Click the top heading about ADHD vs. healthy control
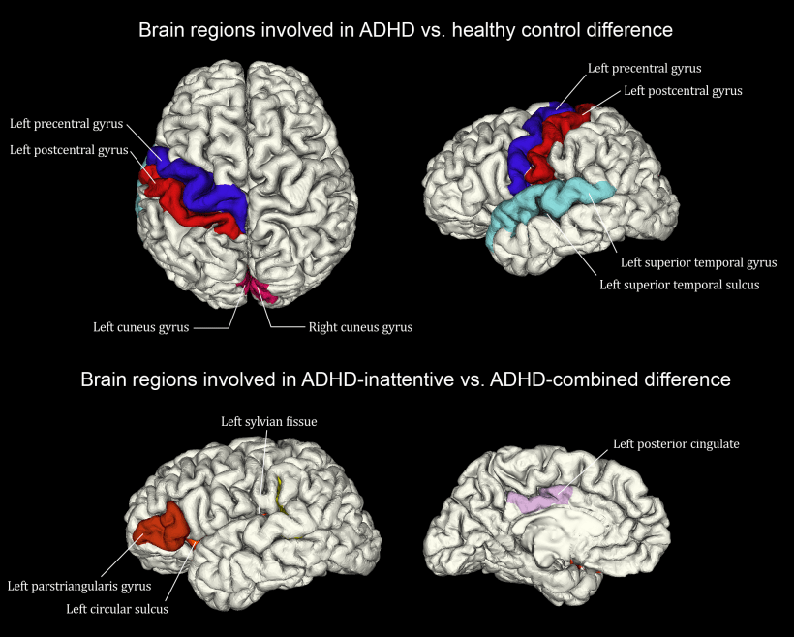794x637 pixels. click(x=406, y=30)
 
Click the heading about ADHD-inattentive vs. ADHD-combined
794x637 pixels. click(x=406, y=379)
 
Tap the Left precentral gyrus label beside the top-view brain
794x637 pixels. click(x=67, y=124)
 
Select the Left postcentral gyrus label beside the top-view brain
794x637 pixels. click(x=69, y=150)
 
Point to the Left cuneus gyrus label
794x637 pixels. click(x=140, y=327)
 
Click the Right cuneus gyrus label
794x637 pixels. click(x=360, y=327)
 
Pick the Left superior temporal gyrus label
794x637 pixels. click(x=699, y=262)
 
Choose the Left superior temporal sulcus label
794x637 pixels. click(x=680, y=285)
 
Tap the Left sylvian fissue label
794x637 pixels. click(x=269, y=422)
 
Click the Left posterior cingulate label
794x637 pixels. click(x=676, y=444)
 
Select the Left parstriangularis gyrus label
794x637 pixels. click(x=79, y=587)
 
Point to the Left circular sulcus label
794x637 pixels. click(x=117, y=609)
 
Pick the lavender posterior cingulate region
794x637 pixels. click(x=539, y=500)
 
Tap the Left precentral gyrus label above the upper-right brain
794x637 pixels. click(x=645, y=69)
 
